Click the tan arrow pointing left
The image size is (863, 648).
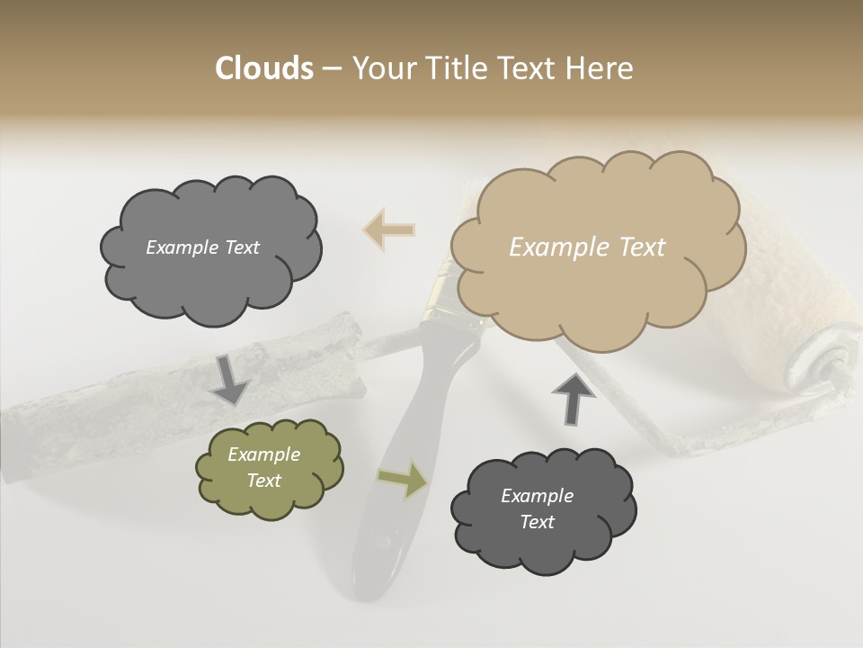tap(389, 230)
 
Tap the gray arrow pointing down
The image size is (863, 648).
tap(230, 380)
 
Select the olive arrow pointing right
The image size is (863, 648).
tap(402, 479)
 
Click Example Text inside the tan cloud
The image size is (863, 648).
tap(587, 247)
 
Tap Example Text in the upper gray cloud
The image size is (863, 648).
tap(202, 247)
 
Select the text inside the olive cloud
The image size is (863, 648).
tap(263, 468)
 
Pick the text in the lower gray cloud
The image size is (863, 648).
tap(537, 508)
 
